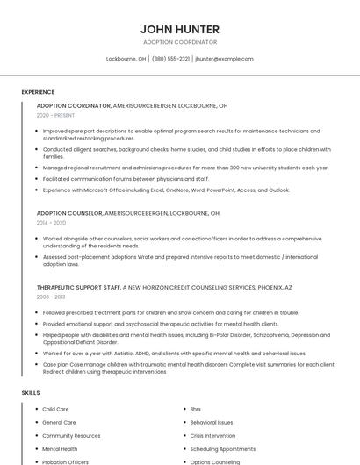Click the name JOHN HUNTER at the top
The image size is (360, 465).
point(179,29)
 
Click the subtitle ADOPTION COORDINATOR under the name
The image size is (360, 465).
point(179,42)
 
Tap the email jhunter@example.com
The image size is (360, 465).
point(224,59)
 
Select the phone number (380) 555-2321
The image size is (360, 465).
point(170,59)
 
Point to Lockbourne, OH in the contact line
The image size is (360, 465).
point(126,59)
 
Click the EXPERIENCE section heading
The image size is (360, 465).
point(38,92)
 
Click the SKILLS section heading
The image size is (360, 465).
point(31,392)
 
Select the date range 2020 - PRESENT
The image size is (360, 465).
point(55,115)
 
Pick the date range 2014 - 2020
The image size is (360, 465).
point(51,223)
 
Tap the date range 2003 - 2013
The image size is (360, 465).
point(51,297)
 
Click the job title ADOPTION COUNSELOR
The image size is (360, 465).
point(68,213)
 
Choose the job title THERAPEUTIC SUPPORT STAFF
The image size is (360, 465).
point(78,287)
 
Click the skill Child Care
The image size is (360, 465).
point(55,409)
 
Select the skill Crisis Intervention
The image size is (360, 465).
point(212,435)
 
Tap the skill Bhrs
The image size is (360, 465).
point(195,409)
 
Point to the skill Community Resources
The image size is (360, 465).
point(71,435)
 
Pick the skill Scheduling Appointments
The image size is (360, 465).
point(222,448)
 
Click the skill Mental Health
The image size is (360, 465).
point(60,448)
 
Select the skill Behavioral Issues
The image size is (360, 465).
point(212,422)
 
